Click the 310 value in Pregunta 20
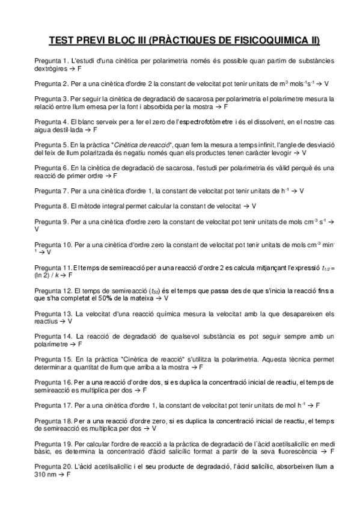pos(41,474)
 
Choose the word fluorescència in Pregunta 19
pos(301,450)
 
